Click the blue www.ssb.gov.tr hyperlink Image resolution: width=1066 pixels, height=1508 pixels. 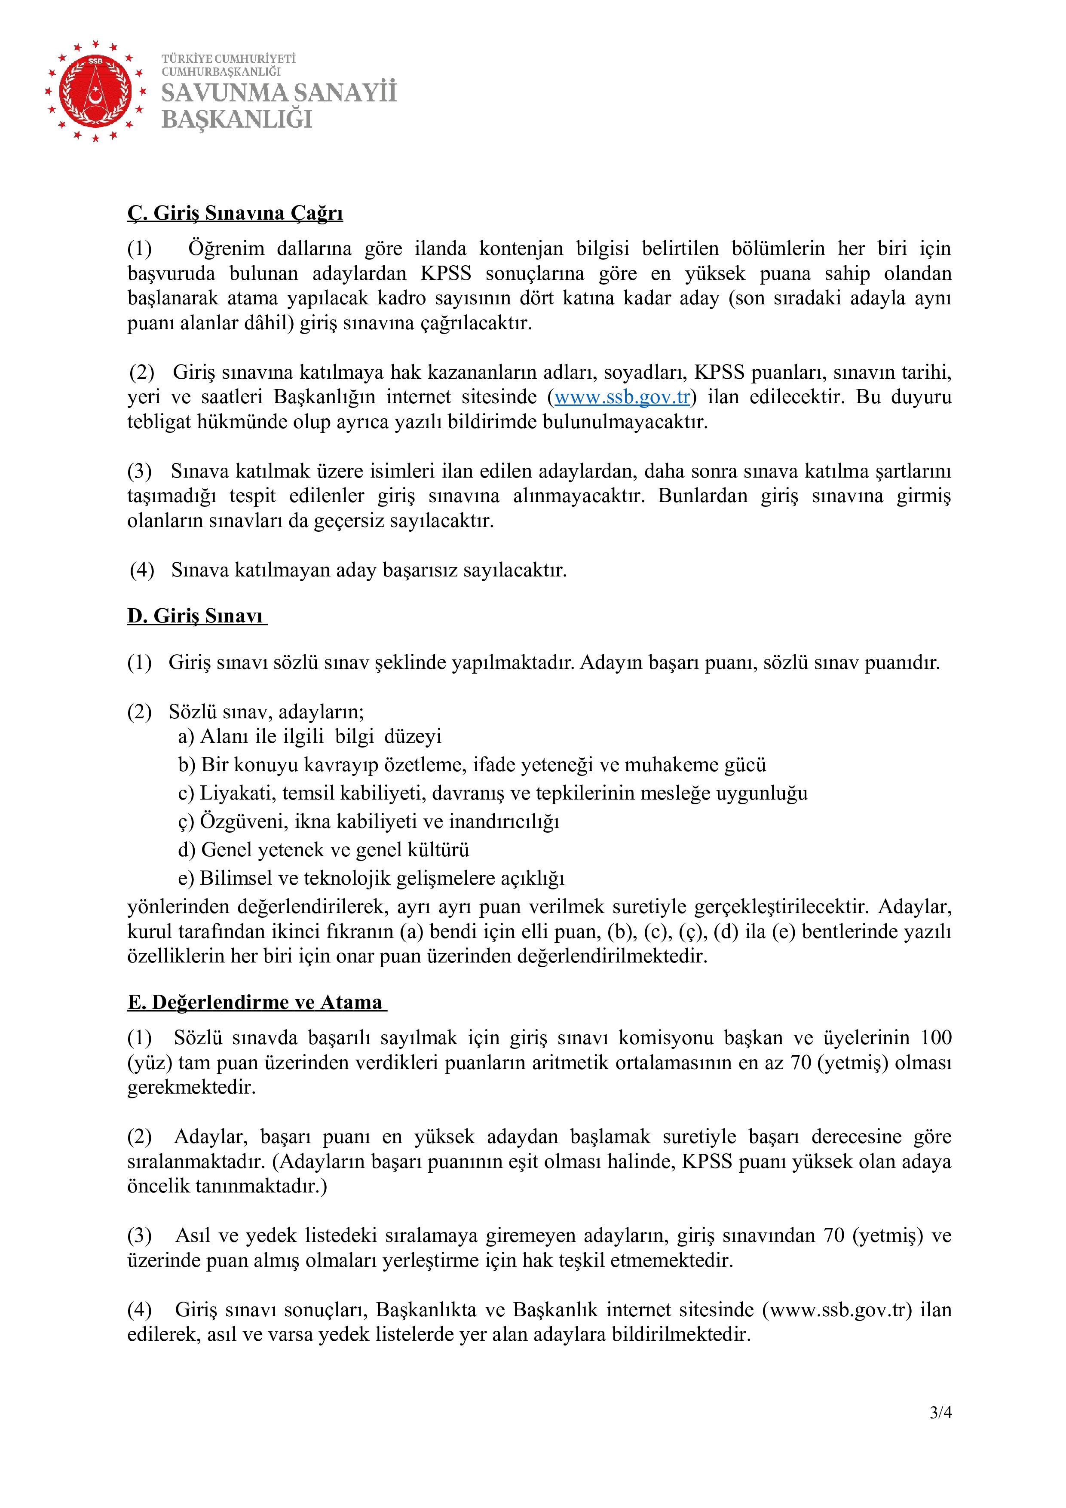tap(622, 397)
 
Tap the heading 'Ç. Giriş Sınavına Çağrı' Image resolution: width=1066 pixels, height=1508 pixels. tap(235, 214)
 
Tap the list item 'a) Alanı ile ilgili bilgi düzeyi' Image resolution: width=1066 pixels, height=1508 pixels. tap(309, 736)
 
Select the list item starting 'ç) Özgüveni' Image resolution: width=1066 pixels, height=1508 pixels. tap(368, 821)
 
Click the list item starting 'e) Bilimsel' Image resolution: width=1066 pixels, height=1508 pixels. tap(371, 878)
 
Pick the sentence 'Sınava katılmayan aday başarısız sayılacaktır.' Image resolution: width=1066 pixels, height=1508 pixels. tap(368, 570)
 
